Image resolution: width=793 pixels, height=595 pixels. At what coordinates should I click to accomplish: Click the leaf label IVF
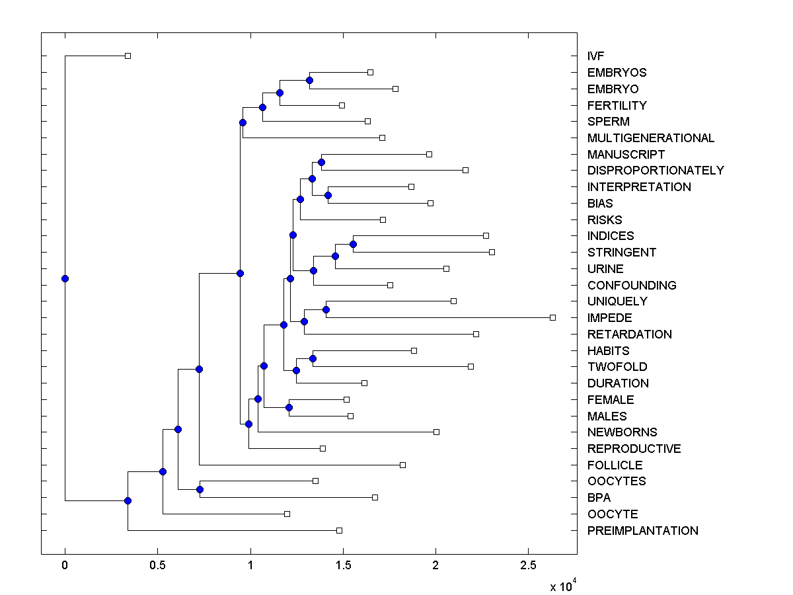pos(595,56)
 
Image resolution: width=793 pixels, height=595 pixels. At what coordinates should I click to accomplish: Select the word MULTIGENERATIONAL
pos(650,138)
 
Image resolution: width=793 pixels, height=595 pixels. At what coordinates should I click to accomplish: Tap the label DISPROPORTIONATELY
pos(655,171)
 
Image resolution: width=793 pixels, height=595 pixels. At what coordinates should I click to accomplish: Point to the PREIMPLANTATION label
pos(642,531)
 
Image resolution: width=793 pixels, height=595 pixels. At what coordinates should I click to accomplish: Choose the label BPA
pos(599,498)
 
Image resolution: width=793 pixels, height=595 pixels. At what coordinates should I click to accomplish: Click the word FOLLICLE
pos(615,465)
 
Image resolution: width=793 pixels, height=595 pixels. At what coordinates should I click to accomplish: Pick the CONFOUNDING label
pos(631,286)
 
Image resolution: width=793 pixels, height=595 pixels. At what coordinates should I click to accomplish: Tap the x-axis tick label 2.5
pos(527,565)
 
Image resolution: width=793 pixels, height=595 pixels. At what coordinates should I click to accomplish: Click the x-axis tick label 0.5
pos(157,565)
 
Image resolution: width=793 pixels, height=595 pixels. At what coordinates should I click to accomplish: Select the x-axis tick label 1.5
pos(342,565)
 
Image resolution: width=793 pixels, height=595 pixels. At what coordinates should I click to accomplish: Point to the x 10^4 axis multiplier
pos(564,585)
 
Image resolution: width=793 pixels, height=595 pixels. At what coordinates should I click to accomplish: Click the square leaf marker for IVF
pos(128,56)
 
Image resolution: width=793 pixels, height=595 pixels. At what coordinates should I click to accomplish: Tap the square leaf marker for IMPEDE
pos(552,318)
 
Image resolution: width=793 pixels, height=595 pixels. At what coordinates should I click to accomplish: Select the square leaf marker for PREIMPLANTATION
pos(339,530)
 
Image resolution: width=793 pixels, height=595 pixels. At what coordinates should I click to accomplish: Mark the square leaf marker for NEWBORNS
pos(436,432)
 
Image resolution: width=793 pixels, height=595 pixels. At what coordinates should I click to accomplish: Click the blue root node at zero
pos(65,278)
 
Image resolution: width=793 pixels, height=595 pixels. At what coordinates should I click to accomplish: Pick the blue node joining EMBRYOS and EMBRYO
pos(309,80)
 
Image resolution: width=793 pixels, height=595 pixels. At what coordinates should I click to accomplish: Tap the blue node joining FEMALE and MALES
pos(289,407)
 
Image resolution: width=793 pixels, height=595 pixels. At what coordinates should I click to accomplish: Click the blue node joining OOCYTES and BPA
pos(200,489)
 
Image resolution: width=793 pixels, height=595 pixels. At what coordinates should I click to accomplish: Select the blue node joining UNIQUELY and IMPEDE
pos(326,309)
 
